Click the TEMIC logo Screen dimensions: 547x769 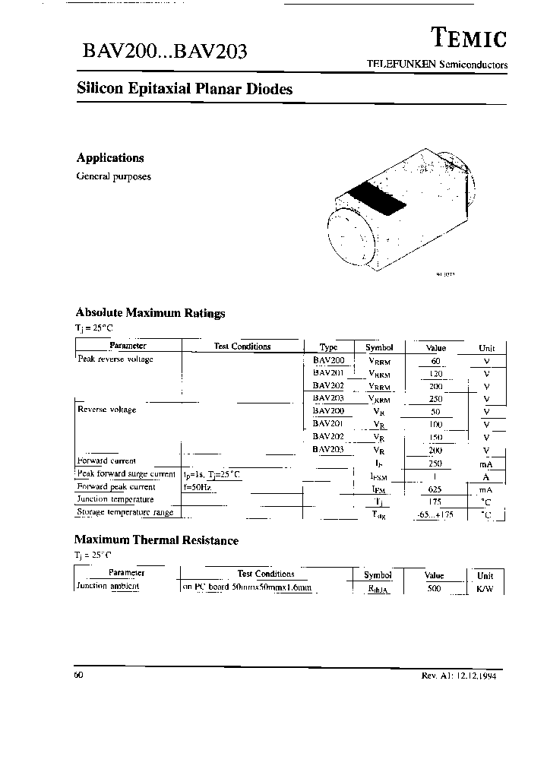pyautogui.click(x=469, y=37)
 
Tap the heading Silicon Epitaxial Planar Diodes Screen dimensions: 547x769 pyautogui.click(x=185, y=89)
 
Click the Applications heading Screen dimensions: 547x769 pyautogui.click(x=110, y=158)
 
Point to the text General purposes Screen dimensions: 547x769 pyautogui.click(x=113, y=176)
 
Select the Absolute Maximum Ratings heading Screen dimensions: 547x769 pyautogui.click(x=150, y=313)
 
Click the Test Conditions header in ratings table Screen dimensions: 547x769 pyautogui.click(x=242, y=347)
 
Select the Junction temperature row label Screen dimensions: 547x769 pyautogui.click(x=115, y=499)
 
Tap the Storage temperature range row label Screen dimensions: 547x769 pyautogui.click(x=125, y=512)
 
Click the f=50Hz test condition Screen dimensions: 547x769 pyautogui.click(x=197, y=486)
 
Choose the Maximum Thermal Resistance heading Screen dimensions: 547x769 pyautogui.click(x=157, y=541)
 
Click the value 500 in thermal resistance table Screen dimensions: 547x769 pyautogui.click(x=434, y=588)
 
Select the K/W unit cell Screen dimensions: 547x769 pyautogui.click(x=485, y=589)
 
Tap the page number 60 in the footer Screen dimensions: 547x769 pyautogui.click(x=79, y=675)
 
